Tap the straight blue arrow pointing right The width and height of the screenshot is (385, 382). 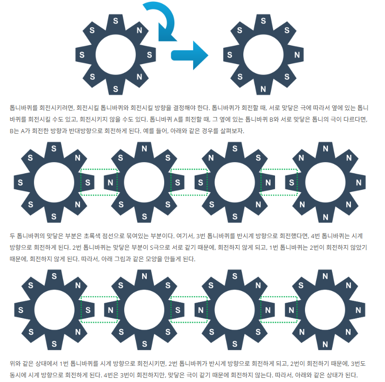pyautogui.click(x=190, y=55)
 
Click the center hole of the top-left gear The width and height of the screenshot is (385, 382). pyautogui.click(x=115, y=55)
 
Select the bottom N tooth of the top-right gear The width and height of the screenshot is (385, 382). pyautogui.click(x=263, y=88)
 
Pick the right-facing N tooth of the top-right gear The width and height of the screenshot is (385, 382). pyautogui.click(x=296, y=55)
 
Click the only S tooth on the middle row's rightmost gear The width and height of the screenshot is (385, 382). pyautogui.click(x=292, y=182)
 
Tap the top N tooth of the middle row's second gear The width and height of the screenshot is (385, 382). pyautogui.click(x=144, y=149)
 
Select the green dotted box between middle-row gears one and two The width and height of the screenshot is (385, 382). pyautogui.click(x=99, y=182)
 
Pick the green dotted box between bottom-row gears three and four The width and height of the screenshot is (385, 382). pyautogui.click(x=279, y=310)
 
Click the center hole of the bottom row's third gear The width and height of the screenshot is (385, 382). pyautogui.click(x=235, y=310)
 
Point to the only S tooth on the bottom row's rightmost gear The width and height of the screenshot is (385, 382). pyautogui.click(x=301, y=285)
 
